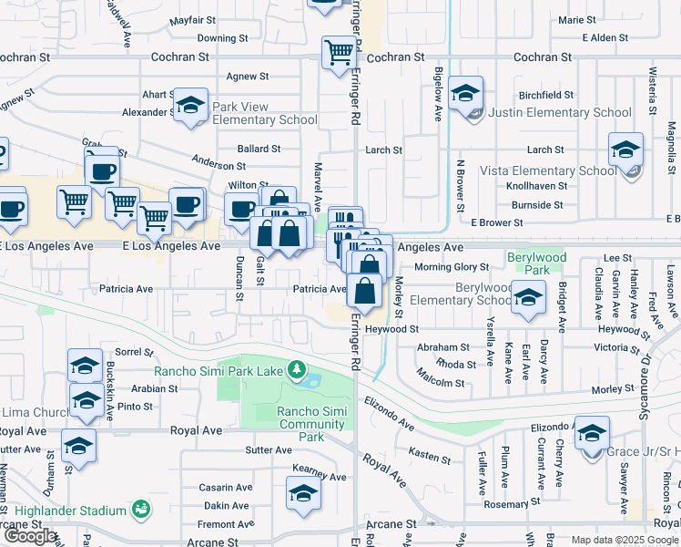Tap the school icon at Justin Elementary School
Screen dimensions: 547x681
[x=465, y=95]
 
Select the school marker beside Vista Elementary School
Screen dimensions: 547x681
[x=625, y=150]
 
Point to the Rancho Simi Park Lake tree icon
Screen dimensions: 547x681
[x=296, y=370]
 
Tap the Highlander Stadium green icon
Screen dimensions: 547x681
[x=139, y=508]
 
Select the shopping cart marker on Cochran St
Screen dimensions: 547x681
[x=339, y=53]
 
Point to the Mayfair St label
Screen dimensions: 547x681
[x=194, y=19]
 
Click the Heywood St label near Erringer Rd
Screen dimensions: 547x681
[x=391, y=329]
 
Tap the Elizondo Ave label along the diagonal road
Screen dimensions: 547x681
[x=389, y=408]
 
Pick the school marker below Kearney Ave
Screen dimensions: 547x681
[x=303, y=495]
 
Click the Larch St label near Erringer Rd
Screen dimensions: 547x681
[x=383, y=150]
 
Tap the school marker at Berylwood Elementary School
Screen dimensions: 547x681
[x=528, y=298]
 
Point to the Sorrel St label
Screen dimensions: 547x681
[x=133, y=351]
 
